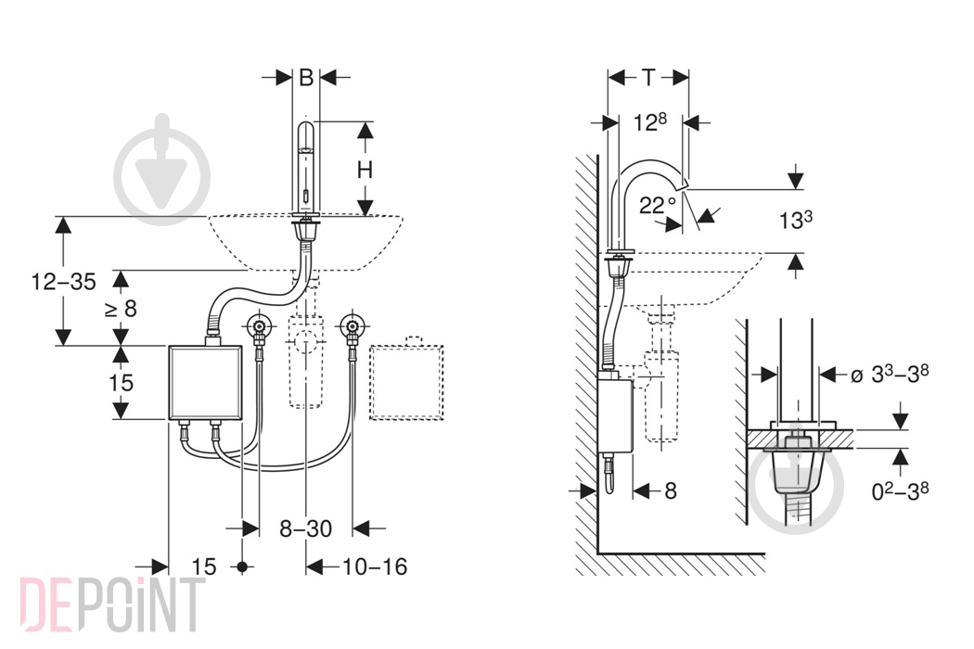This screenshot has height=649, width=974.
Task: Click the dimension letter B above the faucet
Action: [x=305, y=78]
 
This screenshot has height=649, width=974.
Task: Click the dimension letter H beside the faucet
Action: [x=365, y=169]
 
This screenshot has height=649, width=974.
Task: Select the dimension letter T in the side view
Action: [x=647, y=78]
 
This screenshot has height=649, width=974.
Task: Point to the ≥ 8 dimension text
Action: [x=121, y=308]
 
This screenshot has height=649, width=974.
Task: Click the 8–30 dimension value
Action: [x=305, y=528]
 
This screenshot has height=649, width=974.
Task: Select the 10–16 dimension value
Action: [x=375, y=566]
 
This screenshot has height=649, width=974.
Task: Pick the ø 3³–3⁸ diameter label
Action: [x=890, y=375]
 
